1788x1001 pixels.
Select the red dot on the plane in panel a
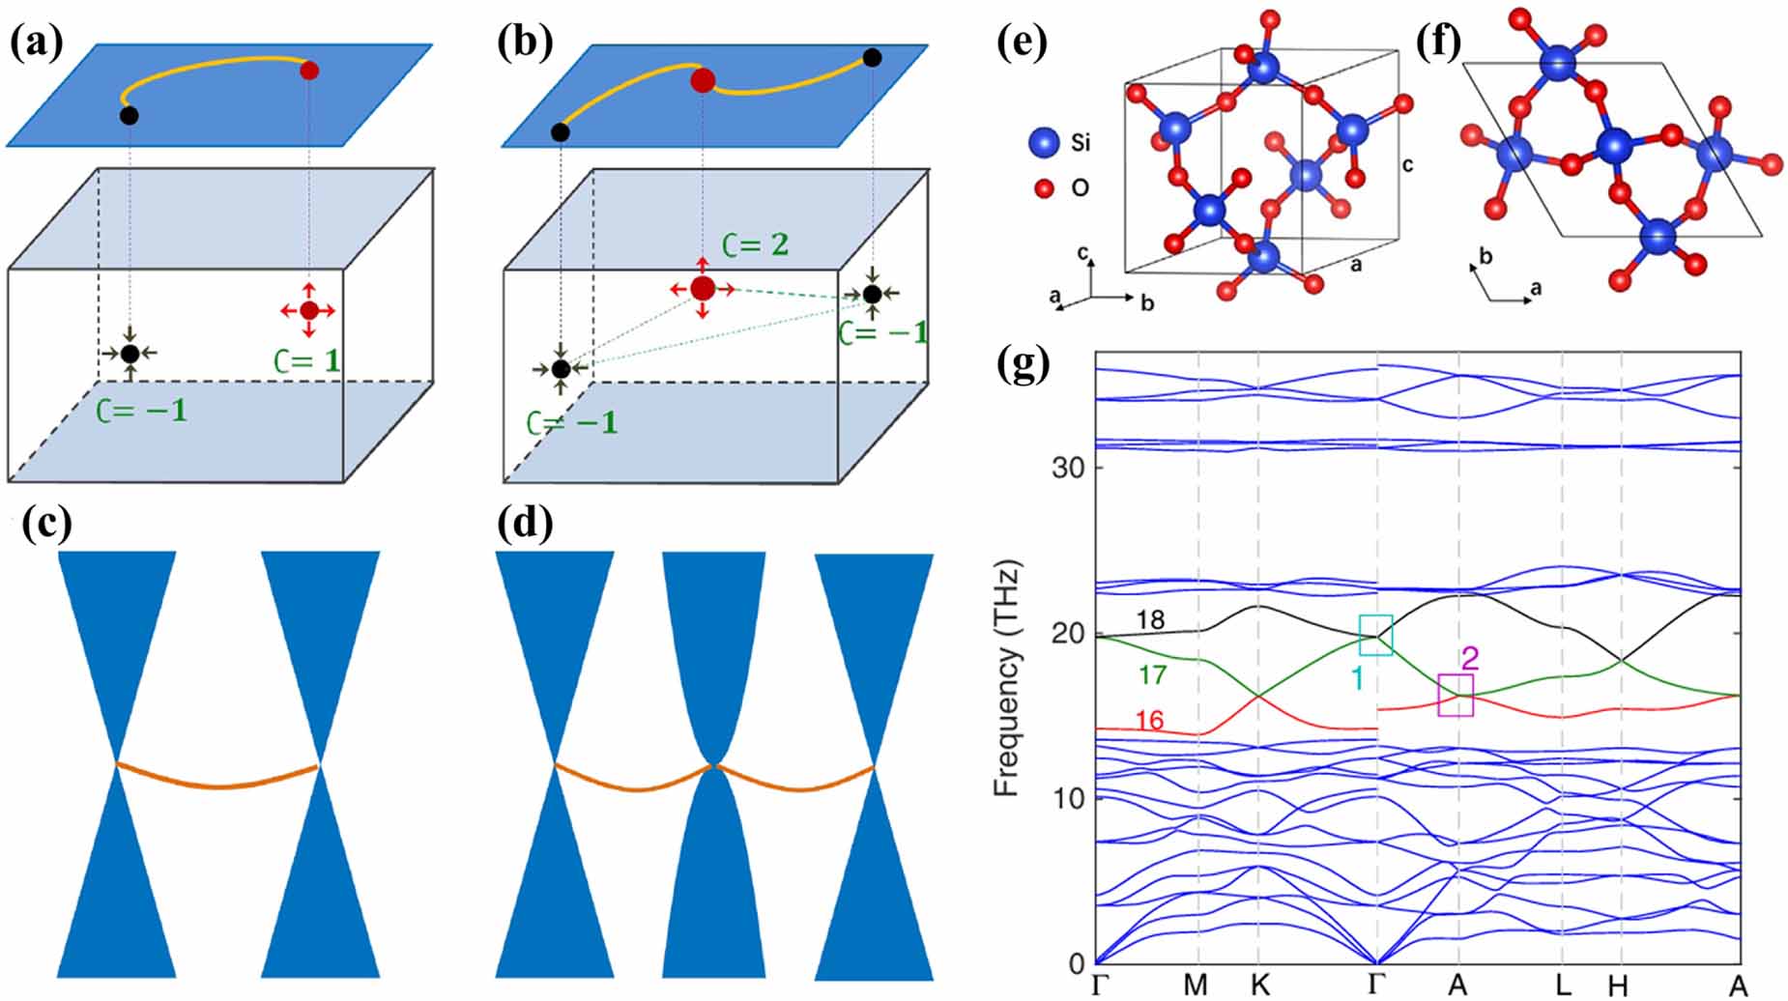point(308,71)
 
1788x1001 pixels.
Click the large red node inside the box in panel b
point(703,288)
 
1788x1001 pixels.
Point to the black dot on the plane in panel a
point(129,116)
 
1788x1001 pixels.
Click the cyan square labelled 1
point(1375,635)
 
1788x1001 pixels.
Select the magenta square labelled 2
point(1456,696)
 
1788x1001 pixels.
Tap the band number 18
point(1150,620)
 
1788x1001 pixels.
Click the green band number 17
point(1152,673)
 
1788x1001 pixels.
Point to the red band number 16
point(1150,721)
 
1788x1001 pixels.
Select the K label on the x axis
point(1258,985)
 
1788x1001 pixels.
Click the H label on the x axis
point(1618,986)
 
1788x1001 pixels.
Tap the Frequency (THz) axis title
point(1008,677)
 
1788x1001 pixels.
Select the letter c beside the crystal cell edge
point(1407,165)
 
